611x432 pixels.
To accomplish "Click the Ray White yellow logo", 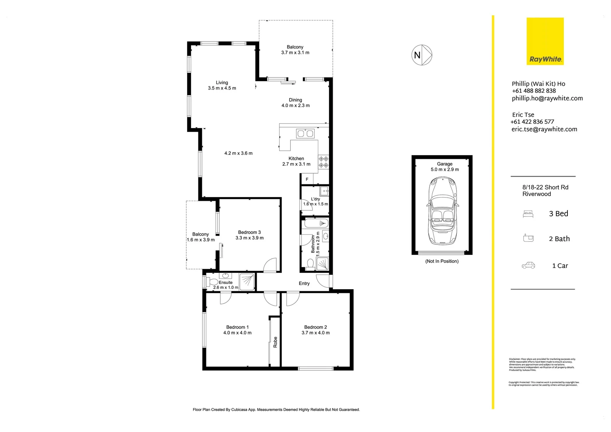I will pos(545,41).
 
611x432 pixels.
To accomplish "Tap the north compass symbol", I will pos(421,55).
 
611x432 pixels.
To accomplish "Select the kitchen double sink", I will pos(305,133).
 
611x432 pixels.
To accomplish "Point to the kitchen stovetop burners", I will pos(323,162).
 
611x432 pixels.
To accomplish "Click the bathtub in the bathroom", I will pos(315,223).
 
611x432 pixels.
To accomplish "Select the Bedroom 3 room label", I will pos(249,232).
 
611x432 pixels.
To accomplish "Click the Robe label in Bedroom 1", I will pos(275,342).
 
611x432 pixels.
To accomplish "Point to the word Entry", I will pos(304,284).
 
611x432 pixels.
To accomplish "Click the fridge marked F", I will pos(307,179).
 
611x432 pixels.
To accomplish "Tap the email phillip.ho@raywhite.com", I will pos(547,98).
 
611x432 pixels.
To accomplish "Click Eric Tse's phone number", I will pos(532,122).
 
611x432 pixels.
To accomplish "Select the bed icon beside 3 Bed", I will pos(528,214).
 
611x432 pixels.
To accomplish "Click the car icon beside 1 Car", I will pos(528,266).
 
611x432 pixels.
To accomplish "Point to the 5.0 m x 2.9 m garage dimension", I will pos(445,170).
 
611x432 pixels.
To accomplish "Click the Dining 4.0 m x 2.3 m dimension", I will pos(296,106).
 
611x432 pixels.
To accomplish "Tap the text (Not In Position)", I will pos(442,261).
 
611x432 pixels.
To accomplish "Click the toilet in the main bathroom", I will pos(310,263).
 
